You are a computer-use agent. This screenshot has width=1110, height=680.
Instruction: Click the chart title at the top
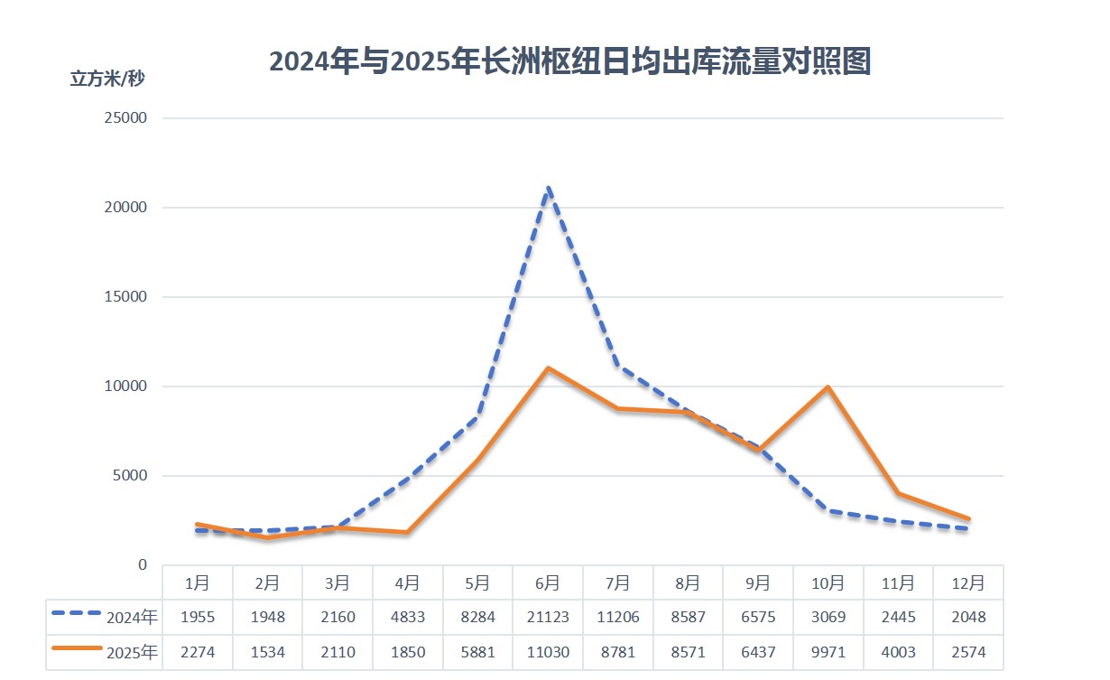569,62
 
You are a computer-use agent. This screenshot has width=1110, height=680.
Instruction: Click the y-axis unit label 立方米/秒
107,79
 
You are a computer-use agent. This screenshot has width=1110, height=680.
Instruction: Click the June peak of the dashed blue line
548,189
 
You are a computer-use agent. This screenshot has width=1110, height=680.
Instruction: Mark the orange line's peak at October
828,387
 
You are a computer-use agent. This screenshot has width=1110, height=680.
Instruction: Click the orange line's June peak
548,368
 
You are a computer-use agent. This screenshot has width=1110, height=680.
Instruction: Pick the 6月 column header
548,583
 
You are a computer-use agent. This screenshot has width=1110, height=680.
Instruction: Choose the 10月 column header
828,583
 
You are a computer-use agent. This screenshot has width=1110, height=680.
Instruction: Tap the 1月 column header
198,583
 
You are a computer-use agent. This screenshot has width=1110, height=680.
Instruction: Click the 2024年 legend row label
132,618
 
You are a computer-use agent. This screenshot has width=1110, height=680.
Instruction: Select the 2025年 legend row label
132,652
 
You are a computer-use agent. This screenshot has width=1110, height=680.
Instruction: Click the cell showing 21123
548,618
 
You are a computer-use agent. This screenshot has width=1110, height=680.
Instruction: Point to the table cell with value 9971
828,652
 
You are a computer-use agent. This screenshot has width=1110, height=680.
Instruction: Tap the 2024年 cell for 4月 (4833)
408,618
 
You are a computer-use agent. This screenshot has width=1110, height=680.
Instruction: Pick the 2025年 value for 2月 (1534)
268,652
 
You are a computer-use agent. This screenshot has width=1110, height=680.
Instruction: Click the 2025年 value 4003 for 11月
898,652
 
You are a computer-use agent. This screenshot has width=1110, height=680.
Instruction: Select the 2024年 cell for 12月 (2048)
967,618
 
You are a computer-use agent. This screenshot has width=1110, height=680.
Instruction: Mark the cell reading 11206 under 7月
618,618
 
